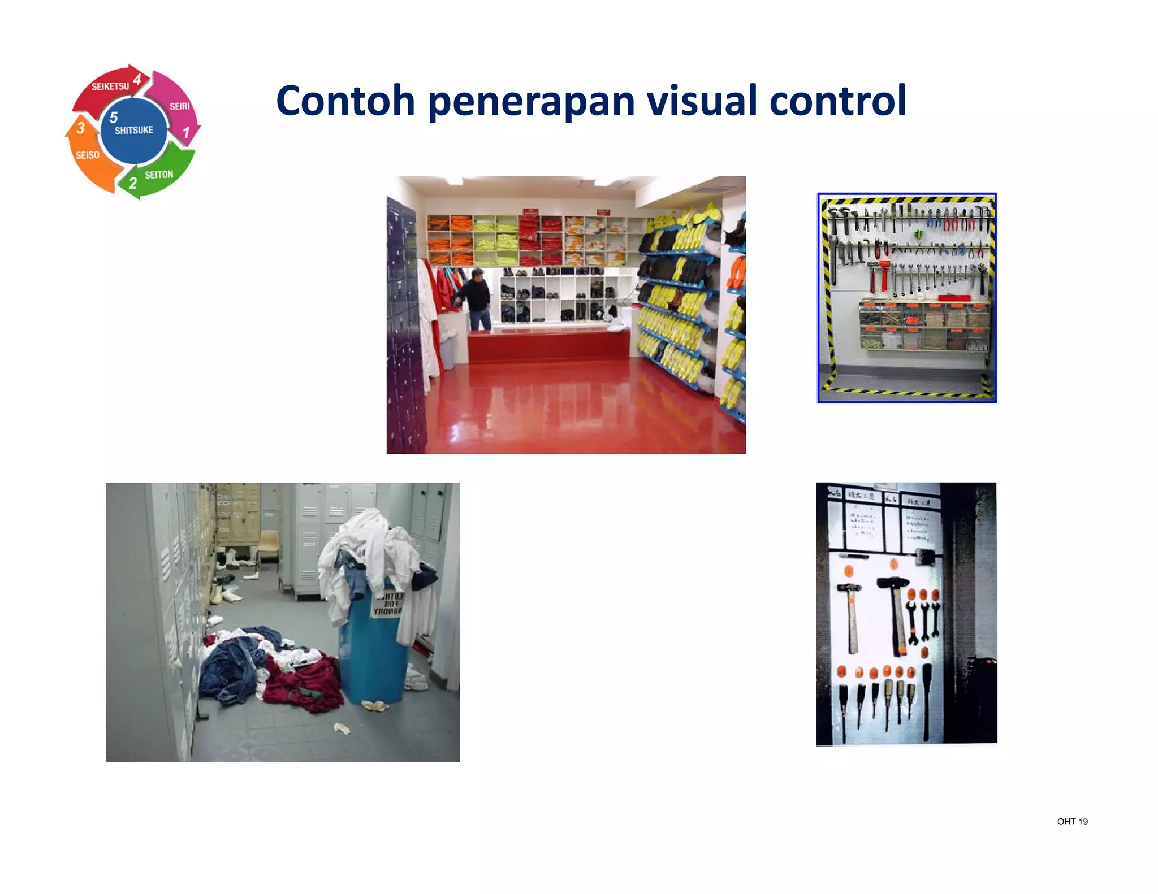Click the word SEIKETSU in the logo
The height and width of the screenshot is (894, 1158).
[x=110, y=86]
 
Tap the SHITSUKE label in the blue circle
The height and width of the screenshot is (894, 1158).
[x=134, y=130]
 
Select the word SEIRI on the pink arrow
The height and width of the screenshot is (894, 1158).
[x=179, y=106]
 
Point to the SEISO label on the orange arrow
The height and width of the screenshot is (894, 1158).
[x=88, y=155]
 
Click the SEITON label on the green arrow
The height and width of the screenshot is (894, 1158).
[x=159, y=175]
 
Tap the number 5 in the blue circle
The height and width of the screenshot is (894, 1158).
[x=114, y=117]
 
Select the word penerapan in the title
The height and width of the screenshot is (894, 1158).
[x=531, y=102]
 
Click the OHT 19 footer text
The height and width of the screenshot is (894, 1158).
[x=1072, y=822]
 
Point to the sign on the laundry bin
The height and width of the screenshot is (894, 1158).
[x=388, y=604]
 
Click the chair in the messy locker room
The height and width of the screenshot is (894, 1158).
[x=268, y=548]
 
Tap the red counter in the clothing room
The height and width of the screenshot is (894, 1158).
[x=548, y=345]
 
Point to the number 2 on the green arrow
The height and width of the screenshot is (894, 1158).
[x=133, y=183]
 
